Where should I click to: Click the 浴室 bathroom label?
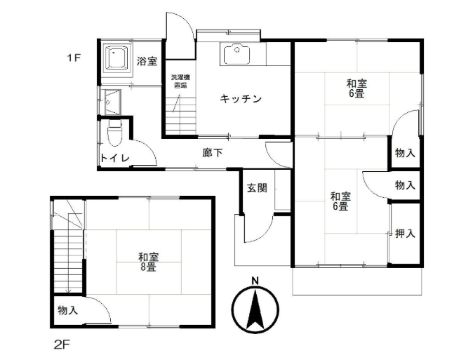coord(147,61)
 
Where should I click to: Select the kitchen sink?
coord(236,54)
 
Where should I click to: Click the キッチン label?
coord(241,99)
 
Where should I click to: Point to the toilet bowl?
coord(115,133)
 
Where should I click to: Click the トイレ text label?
coord(115,158)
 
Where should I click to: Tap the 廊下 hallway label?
coord(213,153)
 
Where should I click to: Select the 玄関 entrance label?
coord(257,188)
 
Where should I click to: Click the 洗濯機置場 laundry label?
coord(180,81)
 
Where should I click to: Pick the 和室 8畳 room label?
coord(148,262)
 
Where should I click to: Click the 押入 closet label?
coord(405,233)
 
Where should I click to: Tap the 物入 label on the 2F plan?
coord(68,310)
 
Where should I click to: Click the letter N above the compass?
coord(255,281)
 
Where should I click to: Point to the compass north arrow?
coord(255,309)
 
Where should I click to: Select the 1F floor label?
coord(74,58)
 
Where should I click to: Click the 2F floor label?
coord(62,345)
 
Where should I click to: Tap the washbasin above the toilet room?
coord(112,102)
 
